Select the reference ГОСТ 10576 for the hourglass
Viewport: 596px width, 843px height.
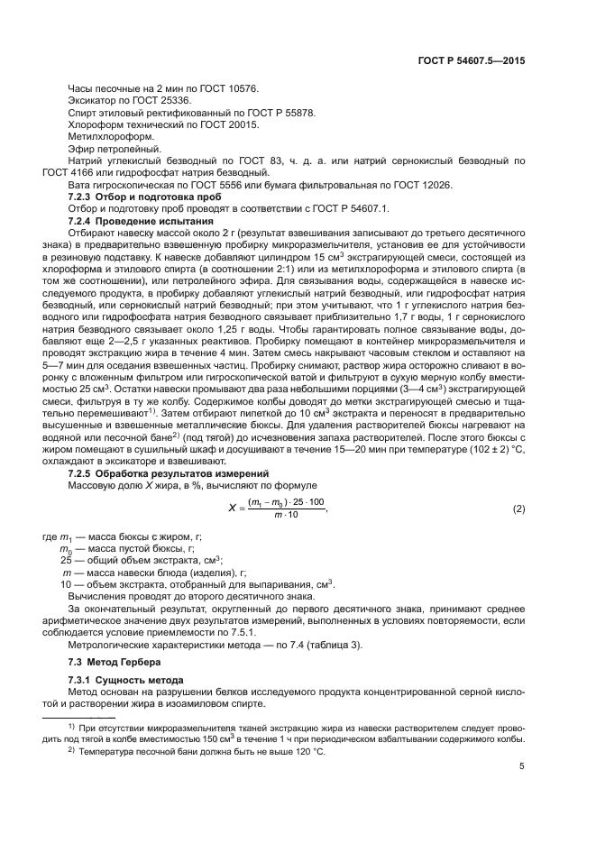click(226, 88)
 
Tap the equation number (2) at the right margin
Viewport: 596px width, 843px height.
click(518, 509)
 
